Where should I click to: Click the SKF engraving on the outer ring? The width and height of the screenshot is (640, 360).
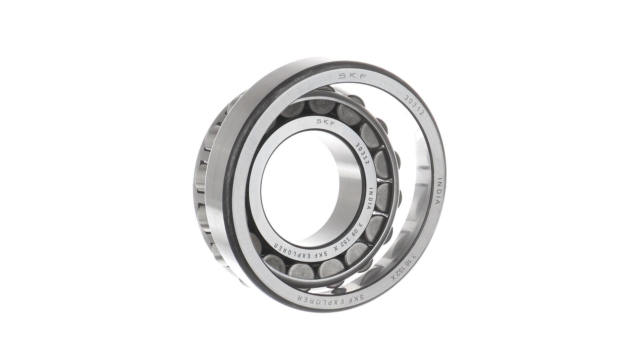(353, 76)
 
